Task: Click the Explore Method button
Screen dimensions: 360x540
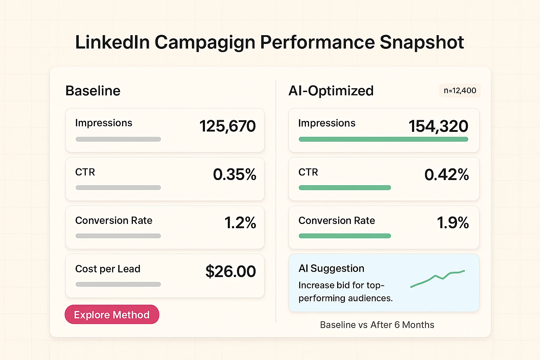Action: pos(112,314)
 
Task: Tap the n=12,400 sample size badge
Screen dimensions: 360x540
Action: pos(460,91)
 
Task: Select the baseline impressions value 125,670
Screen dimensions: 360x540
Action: pos(227,126)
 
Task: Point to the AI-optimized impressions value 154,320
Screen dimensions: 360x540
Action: pos(438,126)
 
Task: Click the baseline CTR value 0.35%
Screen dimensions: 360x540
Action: pos(234,174)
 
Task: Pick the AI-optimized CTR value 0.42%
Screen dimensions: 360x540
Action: pos(446,174)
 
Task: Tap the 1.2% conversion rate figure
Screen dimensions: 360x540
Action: pos(240,223)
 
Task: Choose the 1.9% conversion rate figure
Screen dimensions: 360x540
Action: pos(453,223)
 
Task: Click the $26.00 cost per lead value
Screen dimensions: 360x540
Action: pos(231,271)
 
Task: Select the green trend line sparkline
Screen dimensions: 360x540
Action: pos(438,278)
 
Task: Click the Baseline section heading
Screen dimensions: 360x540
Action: pos(93,91)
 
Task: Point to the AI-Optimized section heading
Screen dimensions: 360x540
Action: pos(331,91)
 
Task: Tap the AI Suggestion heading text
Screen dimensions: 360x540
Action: pos(331,268)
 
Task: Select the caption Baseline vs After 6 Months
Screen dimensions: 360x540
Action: pos(377,324)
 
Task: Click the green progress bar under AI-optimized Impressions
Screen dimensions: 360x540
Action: pos(383,139)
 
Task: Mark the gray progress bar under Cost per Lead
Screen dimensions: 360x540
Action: pos(118,284)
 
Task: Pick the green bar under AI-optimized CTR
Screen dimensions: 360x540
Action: pos(345,187)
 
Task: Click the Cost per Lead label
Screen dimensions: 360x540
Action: pos(108,269)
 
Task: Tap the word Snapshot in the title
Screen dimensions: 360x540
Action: pos(422,43)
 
